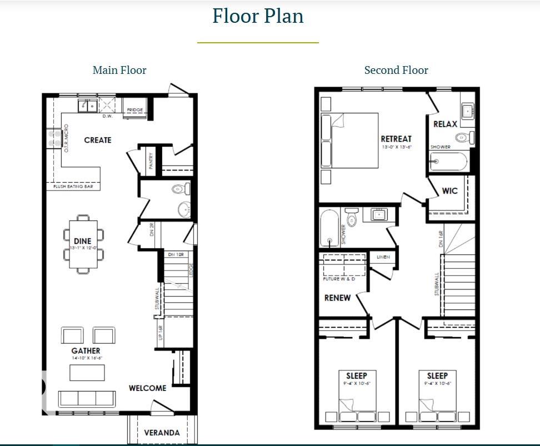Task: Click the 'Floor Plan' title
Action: (258, 16)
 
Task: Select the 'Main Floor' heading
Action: (119, 70)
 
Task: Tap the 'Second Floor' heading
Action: (396, 70)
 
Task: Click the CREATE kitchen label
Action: (98, 140)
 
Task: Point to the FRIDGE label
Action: (134, 110)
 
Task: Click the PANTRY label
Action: (151, 161)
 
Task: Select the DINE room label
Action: (82, 241)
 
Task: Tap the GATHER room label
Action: (86, 350)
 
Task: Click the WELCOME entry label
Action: (147, 388)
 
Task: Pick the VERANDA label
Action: (162, 433)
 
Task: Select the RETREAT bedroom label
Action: (396, 139)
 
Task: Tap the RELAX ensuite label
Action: (445, 124)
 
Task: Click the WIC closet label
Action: (449, 191)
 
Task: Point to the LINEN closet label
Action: (383, 257)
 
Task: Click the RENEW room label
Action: (337, 298)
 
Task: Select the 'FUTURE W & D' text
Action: (339, 279)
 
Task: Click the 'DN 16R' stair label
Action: (441, 239)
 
